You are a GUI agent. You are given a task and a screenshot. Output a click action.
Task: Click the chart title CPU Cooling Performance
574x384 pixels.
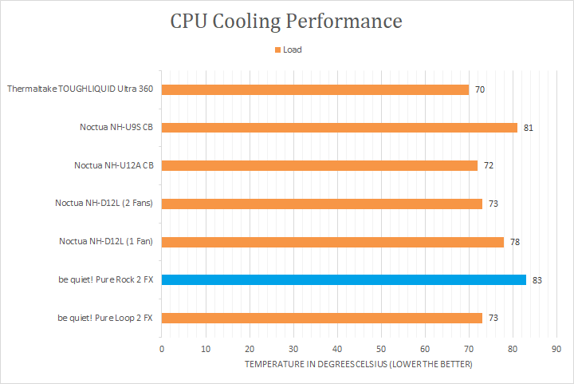(x=286, y=21)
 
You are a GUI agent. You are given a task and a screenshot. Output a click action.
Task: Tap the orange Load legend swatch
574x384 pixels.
(x=278, y=49)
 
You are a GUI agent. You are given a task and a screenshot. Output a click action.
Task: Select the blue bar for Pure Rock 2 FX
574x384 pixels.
(x=344, y=280)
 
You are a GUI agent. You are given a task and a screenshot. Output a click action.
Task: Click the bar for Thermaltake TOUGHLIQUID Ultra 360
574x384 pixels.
(x=315, y=89)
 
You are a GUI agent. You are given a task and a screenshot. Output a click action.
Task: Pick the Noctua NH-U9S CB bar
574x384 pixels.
(x=339, y=128)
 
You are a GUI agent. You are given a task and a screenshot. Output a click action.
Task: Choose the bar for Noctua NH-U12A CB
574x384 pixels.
(x=319, y=165)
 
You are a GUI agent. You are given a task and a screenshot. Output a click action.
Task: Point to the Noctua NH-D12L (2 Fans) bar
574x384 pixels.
(x=321, y=204)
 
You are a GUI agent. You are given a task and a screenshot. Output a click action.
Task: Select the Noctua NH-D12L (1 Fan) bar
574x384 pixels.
(x=332, y=242)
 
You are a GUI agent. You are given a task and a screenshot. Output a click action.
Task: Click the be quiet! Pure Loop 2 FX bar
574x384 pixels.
(x=321, y=318)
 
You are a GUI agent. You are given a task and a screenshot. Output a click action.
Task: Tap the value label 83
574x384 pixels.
(x=537, y=281)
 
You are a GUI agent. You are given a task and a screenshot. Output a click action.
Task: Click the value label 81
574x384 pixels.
(x=529, y=128)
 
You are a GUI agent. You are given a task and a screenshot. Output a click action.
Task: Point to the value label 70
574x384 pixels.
(x=480, y=89)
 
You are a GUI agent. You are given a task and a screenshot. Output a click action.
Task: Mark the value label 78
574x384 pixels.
(x=515, y=242)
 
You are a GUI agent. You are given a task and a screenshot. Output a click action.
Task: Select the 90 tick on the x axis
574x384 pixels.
(x=556, y=349)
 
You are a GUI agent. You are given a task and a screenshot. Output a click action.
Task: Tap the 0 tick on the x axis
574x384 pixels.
(x=162, y=349)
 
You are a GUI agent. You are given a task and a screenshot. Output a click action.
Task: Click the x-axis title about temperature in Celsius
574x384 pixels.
(x=359, y=364)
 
